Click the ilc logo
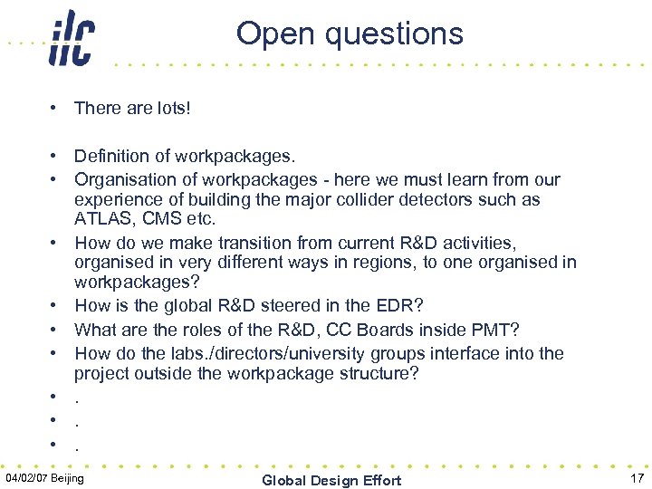[x=71, y=38]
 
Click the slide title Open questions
[x=350, y=34]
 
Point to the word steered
[x=316, y=306]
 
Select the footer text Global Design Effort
[x=331, y=480]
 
